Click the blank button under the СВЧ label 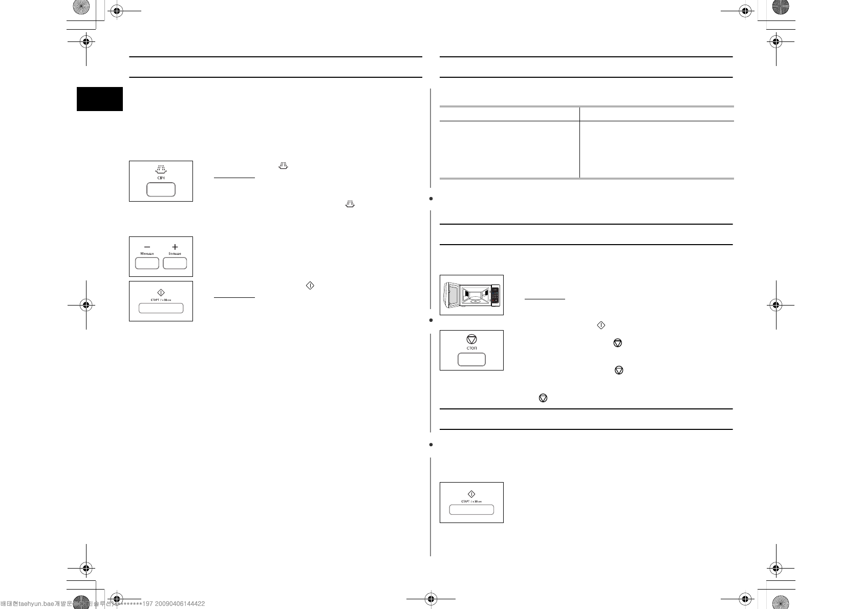[x=161, y=189]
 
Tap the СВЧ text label [x=161, y=178]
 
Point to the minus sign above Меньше [x=147, y=247]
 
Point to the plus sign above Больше [x=175, y=247]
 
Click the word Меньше [x=147, y=254]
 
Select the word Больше [x=175, y=254]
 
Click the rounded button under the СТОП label [x=471, y=359]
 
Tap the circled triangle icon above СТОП [x=471, y=339]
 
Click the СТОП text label [x=471, y=348]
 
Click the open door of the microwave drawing [x=450, y=295]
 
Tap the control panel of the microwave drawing [x=495, y=296]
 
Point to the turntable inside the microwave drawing [x=475, y=301]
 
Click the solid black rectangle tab [x=100, y=99]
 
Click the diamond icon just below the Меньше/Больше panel [x=161, y=293]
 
